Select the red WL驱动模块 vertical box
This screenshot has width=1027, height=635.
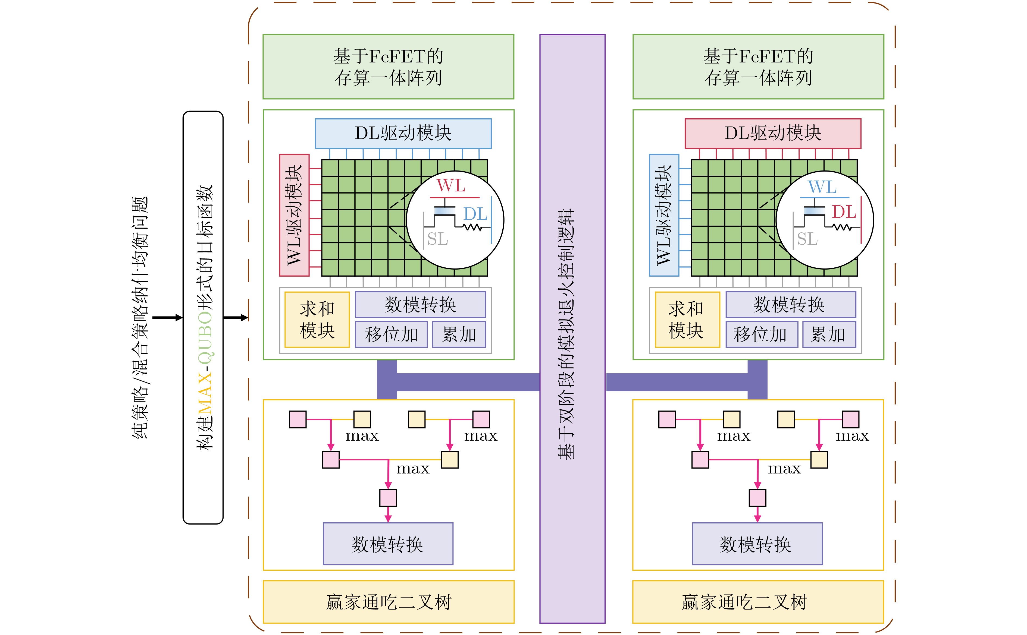(x=294, y=215)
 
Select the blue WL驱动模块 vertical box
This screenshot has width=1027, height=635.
(x=664, y=215)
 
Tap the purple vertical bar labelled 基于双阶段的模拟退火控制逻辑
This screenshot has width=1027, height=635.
(x=572, y=328)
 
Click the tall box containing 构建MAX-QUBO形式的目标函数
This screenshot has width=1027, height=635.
(x=203, y=318)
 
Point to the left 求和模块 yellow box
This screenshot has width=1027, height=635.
(x=317, y=320)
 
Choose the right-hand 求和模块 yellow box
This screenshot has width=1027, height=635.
(x=687, y=320)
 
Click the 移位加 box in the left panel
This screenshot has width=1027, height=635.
(x=391, y=334)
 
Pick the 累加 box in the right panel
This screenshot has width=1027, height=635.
(x=829, y=334)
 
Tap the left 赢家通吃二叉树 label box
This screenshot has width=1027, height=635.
(x=388, y=602)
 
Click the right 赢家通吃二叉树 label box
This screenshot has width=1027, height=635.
(x=758, y=602)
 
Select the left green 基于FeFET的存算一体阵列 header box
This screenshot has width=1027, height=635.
(x=388, y=67)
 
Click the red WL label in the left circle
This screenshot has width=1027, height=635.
(x=451, y=186)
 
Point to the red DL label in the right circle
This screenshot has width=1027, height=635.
(x=844, y=212)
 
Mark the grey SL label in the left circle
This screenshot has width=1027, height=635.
(x=437, y=239)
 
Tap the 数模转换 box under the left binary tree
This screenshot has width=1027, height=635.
(x=388, y=544)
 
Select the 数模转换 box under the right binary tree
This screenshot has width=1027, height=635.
(x=757, y=544)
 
